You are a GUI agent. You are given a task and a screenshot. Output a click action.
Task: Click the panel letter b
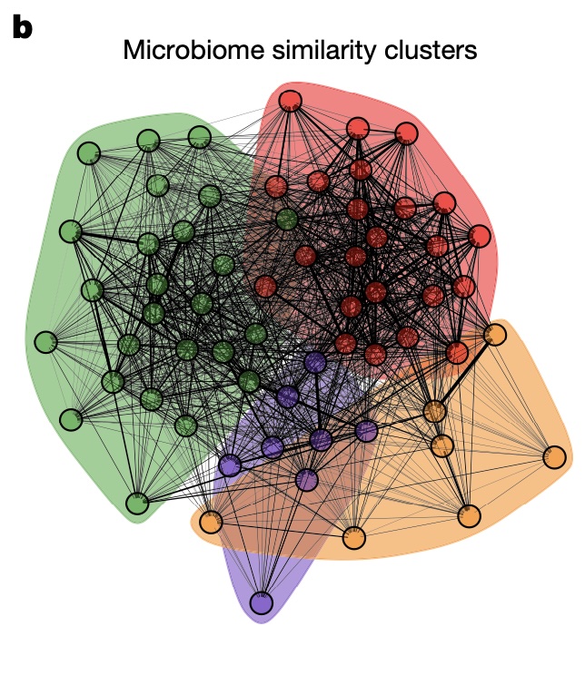(23, 28)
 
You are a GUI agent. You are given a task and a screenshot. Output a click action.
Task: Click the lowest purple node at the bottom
(262, 602)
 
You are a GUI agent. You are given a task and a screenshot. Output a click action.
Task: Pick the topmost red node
(290, 100)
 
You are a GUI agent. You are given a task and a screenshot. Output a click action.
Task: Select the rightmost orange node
(554, 457)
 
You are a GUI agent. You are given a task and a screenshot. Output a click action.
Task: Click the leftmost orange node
(211, 523)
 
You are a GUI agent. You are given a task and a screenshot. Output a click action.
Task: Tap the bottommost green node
(137, 504)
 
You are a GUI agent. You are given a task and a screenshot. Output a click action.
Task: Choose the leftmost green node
(45, 342)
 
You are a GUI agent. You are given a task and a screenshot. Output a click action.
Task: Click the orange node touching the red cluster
(495, 335)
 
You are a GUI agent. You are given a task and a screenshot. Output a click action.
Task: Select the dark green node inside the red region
(287, 219)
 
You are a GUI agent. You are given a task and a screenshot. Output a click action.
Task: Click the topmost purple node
(315, 362)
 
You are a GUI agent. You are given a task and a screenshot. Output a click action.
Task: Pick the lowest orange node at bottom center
(354, 538)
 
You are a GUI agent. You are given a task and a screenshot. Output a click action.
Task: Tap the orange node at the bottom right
(469, 517)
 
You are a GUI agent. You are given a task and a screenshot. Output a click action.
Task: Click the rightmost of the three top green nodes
(200, 137)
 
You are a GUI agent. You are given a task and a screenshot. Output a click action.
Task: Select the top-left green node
(88, 152)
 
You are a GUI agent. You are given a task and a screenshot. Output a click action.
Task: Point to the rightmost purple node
(366, 431)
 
